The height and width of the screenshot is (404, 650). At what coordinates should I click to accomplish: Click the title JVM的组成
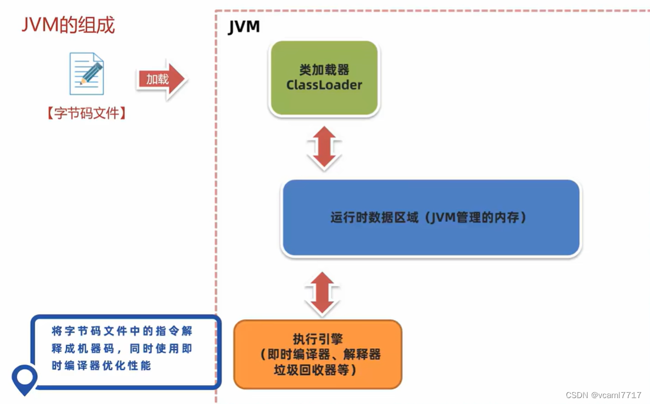[x=68, y=25]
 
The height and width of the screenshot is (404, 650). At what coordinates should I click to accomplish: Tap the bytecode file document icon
[x=86, y=74]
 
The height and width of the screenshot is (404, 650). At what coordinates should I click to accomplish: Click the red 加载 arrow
[x=161, y=79]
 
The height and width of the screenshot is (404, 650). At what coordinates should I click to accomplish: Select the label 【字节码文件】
[x=86, y=113]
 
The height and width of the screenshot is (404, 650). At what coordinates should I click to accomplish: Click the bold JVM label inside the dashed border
[x=244, y=27]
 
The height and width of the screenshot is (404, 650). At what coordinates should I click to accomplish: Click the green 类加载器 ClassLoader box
[x=324, y=78]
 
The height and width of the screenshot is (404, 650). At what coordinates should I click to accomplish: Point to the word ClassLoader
[x=324, y=85]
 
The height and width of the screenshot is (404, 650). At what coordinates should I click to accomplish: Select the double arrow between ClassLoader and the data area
[x=324, y=148]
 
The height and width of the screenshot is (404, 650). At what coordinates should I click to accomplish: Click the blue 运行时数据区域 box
[x=431, y=218]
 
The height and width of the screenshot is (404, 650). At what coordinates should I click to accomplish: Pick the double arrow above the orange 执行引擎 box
[x=322, y=293]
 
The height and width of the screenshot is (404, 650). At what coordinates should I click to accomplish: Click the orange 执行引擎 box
[x=318, y=354]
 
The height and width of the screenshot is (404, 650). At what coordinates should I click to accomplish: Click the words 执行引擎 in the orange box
[x=318, y=339]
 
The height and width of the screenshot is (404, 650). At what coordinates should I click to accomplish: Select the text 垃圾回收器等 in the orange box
[x=315, y=370]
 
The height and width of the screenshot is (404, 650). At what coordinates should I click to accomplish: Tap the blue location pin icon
[x=25, y=379]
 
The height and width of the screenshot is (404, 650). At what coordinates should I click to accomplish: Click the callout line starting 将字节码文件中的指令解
[x=122, y=332]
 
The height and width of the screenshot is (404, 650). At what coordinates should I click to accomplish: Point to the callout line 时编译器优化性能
[x=101, y=366]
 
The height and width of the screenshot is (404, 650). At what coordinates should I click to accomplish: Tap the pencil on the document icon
[x=91, y=74]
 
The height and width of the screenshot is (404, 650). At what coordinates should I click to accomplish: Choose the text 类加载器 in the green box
[x=324, y=70]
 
